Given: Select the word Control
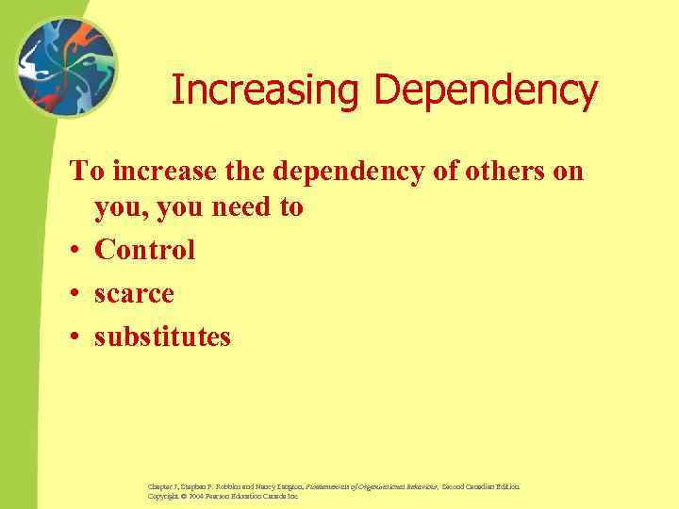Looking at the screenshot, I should pos(145,250).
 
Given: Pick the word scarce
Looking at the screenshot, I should pos(134,293).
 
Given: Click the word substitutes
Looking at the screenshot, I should pos(162,337).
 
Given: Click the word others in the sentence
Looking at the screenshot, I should pos(506,172).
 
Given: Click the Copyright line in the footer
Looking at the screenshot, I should pos(223,496).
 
